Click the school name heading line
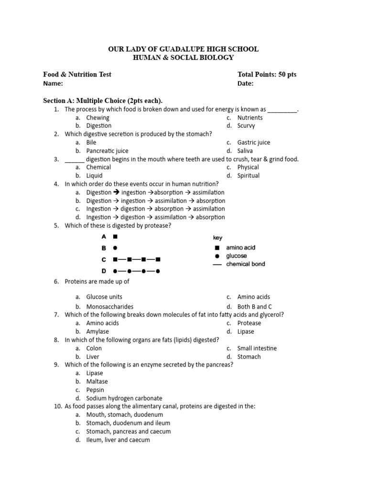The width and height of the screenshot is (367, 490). click(183, 49)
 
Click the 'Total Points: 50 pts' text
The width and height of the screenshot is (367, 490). click(267, 74)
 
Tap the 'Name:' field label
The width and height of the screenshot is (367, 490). click(53, 83)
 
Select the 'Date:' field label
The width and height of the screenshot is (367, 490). click(245, 83)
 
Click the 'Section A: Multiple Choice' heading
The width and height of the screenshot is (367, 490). click(103, 100)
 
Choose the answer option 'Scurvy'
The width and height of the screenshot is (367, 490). click(246, 126)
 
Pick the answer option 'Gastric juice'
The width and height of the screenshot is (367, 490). click(254, 143)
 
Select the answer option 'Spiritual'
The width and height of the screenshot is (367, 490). click(248, 176)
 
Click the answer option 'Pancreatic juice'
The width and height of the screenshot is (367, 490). click(107, 151)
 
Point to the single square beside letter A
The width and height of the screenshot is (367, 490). click(115, 236)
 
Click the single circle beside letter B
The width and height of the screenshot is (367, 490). click(115, 248)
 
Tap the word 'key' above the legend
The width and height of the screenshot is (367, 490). click(217, 238)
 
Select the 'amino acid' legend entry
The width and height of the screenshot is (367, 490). click(240, 248)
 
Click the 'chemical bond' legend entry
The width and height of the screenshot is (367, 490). click(245, 264)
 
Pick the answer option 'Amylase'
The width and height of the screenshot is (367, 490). click(97, 332)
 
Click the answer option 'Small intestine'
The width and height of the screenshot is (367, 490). click(257, 348)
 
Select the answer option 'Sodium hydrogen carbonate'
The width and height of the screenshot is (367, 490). click(124, 398)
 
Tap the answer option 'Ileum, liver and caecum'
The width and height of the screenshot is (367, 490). click(118, 440)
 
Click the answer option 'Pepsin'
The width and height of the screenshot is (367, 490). click(95, 390)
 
